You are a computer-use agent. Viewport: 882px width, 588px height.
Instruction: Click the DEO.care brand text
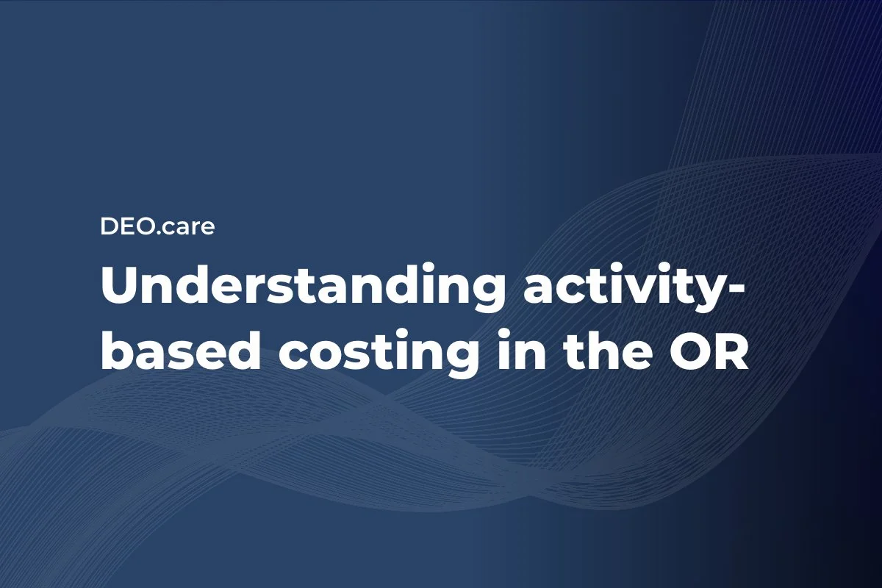coord(157,227)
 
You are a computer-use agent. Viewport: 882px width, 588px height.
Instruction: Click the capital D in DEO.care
coord(109,227)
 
